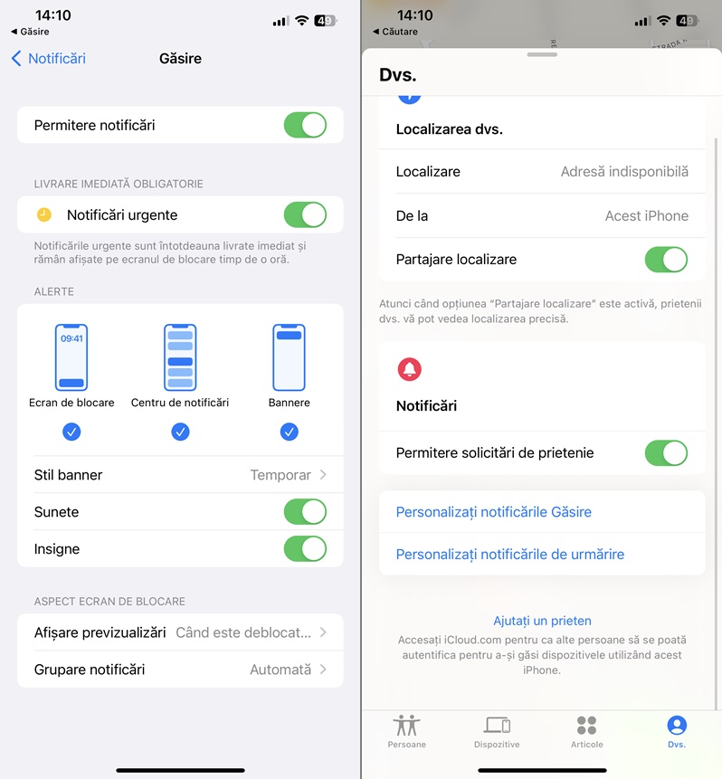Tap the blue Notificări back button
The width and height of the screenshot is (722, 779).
pyautogui.click(x=48, y=59)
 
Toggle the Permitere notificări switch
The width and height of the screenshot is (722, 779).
pyautogui.click(x=305, y=125)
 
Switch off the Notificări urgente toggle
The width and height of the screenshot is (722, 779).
pyautogui.click(x=305, y=214)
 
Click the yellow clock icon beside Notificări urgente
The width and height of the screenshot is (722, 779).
pyautogui.click(x=44, y=214)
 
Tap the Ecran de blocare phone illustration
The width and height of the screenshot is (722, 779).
pyautogui.click(x=71, y=357)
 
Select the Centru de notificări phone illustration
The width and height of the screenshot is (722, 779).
pyautogui.click(x=180, y=357)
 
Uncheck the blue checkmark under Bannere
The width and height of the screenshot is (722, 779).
pyautogui.click(x=290, y=432)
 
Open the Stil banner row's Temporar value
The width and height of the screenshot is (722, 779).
pyautogui.click(x=280, y=475)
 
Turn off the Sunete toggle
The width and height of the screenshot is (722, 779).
pyautogui.click(x=305, y=512)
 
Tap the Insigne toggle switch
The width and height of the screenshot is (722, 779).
pyautogui.click(x=305, y=549)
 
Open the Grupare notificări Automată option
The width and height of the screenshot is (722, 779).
pyautogui.click(x=280, y=670)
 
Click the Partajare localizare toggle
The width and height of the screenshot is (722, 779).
pyautogui.click(x=666, y=260)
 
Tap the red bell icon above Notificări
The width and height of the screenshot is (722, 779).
pyautogui.click(x=410, y=369)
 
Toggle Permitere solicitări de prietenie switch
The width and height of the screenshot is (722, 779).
pyautogui.click(x=666, y=452)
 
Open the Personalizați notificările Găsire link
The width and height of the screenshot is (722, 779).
pyautogui.click(x=493, y=512)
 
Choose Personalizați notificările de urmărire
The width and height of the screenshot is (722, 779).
pyautogui.click(x=509, y=555)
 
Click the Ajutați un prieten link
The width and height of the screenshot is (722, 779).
pyautogui.click(x=542, y=621)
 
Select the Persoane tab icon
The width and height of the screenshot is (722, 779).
pyautogui.click(x=407, y=726)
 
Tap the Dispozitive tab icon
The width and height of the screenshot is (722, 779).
pyautogui.click(x=497, y=726)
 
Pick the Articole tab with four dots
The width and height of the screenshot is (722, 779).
pyautogui.click(x=587, y=726)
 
